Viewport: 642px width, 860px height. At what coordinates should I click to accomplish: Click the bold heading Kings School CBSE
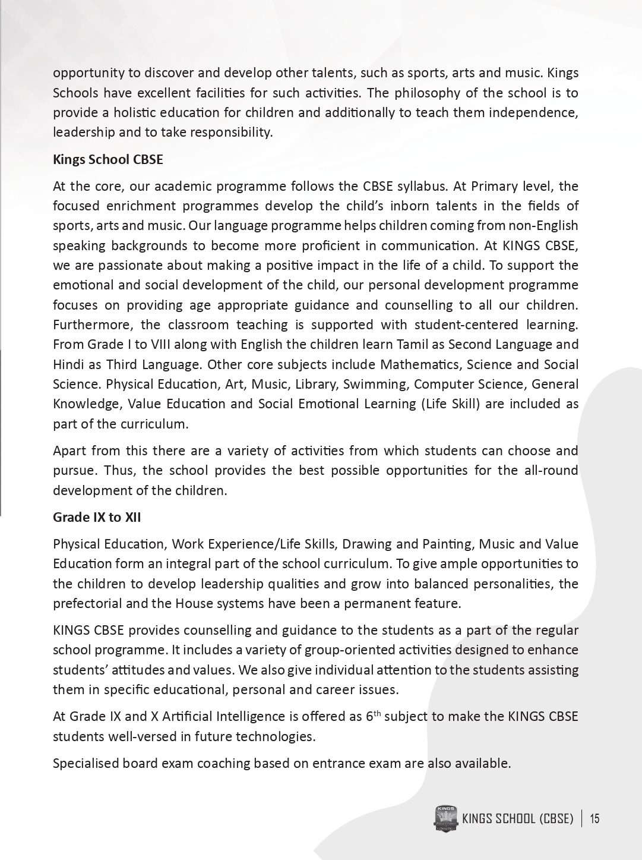(107, 159)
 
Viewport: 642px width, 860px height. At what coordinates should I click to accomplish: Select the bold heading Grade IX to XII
(97, 517)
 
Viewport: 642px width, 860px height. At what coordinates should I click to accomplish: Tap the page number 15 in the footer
(594, 819)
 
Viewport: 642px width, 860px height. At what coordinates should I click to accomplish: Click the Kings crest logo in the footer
(445, 819)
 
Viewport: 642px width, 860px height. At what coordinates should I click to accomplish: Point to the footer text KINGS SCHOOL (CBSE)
(517, 819)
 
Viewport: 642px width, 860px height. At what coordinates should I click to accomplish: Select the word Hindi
(68, 364)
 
